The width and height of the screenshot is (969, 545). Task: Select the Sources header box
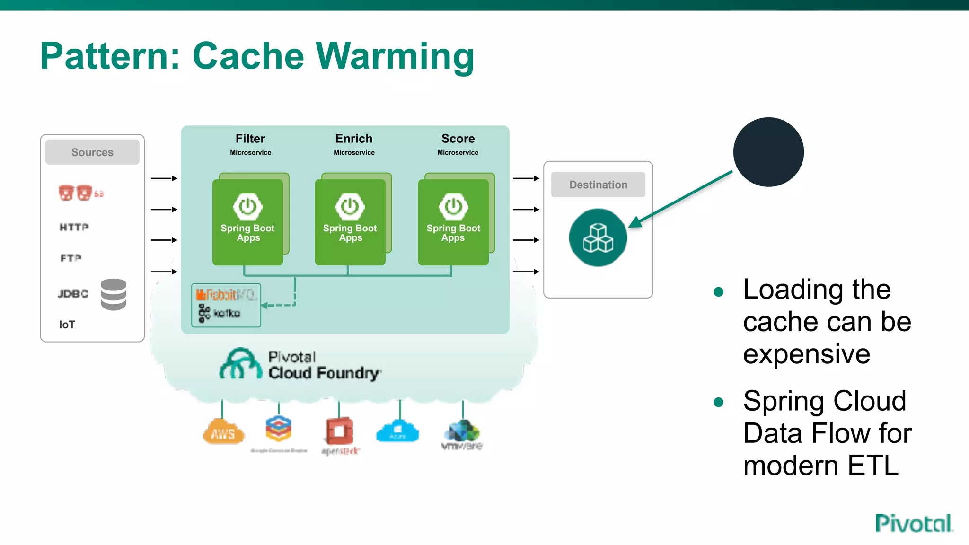click(x=92, y=152)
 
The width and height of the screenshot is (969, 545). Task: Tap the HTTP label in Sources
click(x=74, y=227)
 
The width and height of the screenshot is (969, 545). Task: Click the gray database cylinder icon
click(x=114, y=294)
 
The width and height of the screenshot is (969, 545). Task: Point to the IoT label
click(x=67, y=325)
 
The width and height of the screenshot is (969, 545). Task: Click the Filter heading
click(x=250, y=139)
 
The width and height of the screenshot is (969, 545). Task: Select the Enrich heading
click(x=354, y=139)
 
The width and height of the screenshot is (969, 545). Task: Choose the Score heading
click(x=458, y=139)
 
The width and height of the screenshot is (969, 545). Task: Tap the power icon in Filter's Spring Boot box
click(x=247, y=206)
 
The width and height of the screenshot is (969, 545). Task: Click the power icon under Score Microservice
click(x=453, y=206)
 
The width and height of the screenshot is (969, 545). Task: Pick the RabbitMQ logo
click(x=226, y=295)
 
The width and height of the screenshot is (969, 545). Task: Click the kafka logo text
click(x=226, y=313)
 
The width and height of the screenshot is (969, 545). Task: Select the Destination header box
click(x=598, y=185)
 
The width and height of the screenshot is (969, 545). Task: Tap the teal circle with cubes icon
click(x=598, y=237)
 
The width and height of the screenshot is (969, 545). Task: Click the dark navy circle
click(x=768, y=152)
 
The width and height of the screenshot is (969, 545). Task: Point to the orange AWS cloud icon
click(x=223, y=432)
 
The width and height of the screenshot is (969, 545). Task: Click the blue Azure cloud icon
click(x=397, y=431)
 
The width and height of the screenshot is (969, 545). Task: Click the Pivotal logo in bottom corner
click(x=914, y=524)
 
